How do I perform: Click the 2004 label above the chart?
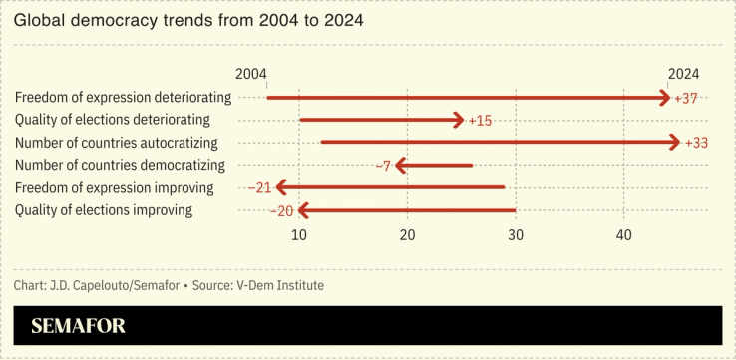pos(251,75)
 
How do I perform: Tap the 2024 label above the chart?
pos(683,75)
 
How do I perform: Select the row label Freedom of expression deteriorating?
pos(124,98)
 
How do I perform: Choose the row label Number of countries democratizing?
pos(121,166)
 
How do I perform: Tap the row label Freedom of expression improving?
pos(115,187)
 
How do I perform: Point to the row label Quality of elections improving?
pos(104,210)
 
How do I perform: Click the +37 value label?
pos(686,99)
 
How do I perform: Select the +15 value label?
pos(480,121)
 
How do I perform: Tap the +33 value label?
pos(696,143)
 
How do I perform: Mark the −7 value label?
pos(382,166)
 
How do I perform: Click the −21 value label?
pos(260,187)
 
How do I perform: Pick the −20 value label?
pos(282,210)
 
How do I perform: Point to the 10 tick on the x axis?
pos(299,234)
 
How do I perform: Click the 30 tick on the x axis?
pos(516,234)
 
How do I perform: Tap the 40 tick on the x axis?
pos(623,234)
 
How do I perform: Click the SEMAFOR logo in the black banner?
pos(78,326)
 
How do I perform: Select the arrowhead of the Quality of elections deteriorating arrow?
pos(459,121)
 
